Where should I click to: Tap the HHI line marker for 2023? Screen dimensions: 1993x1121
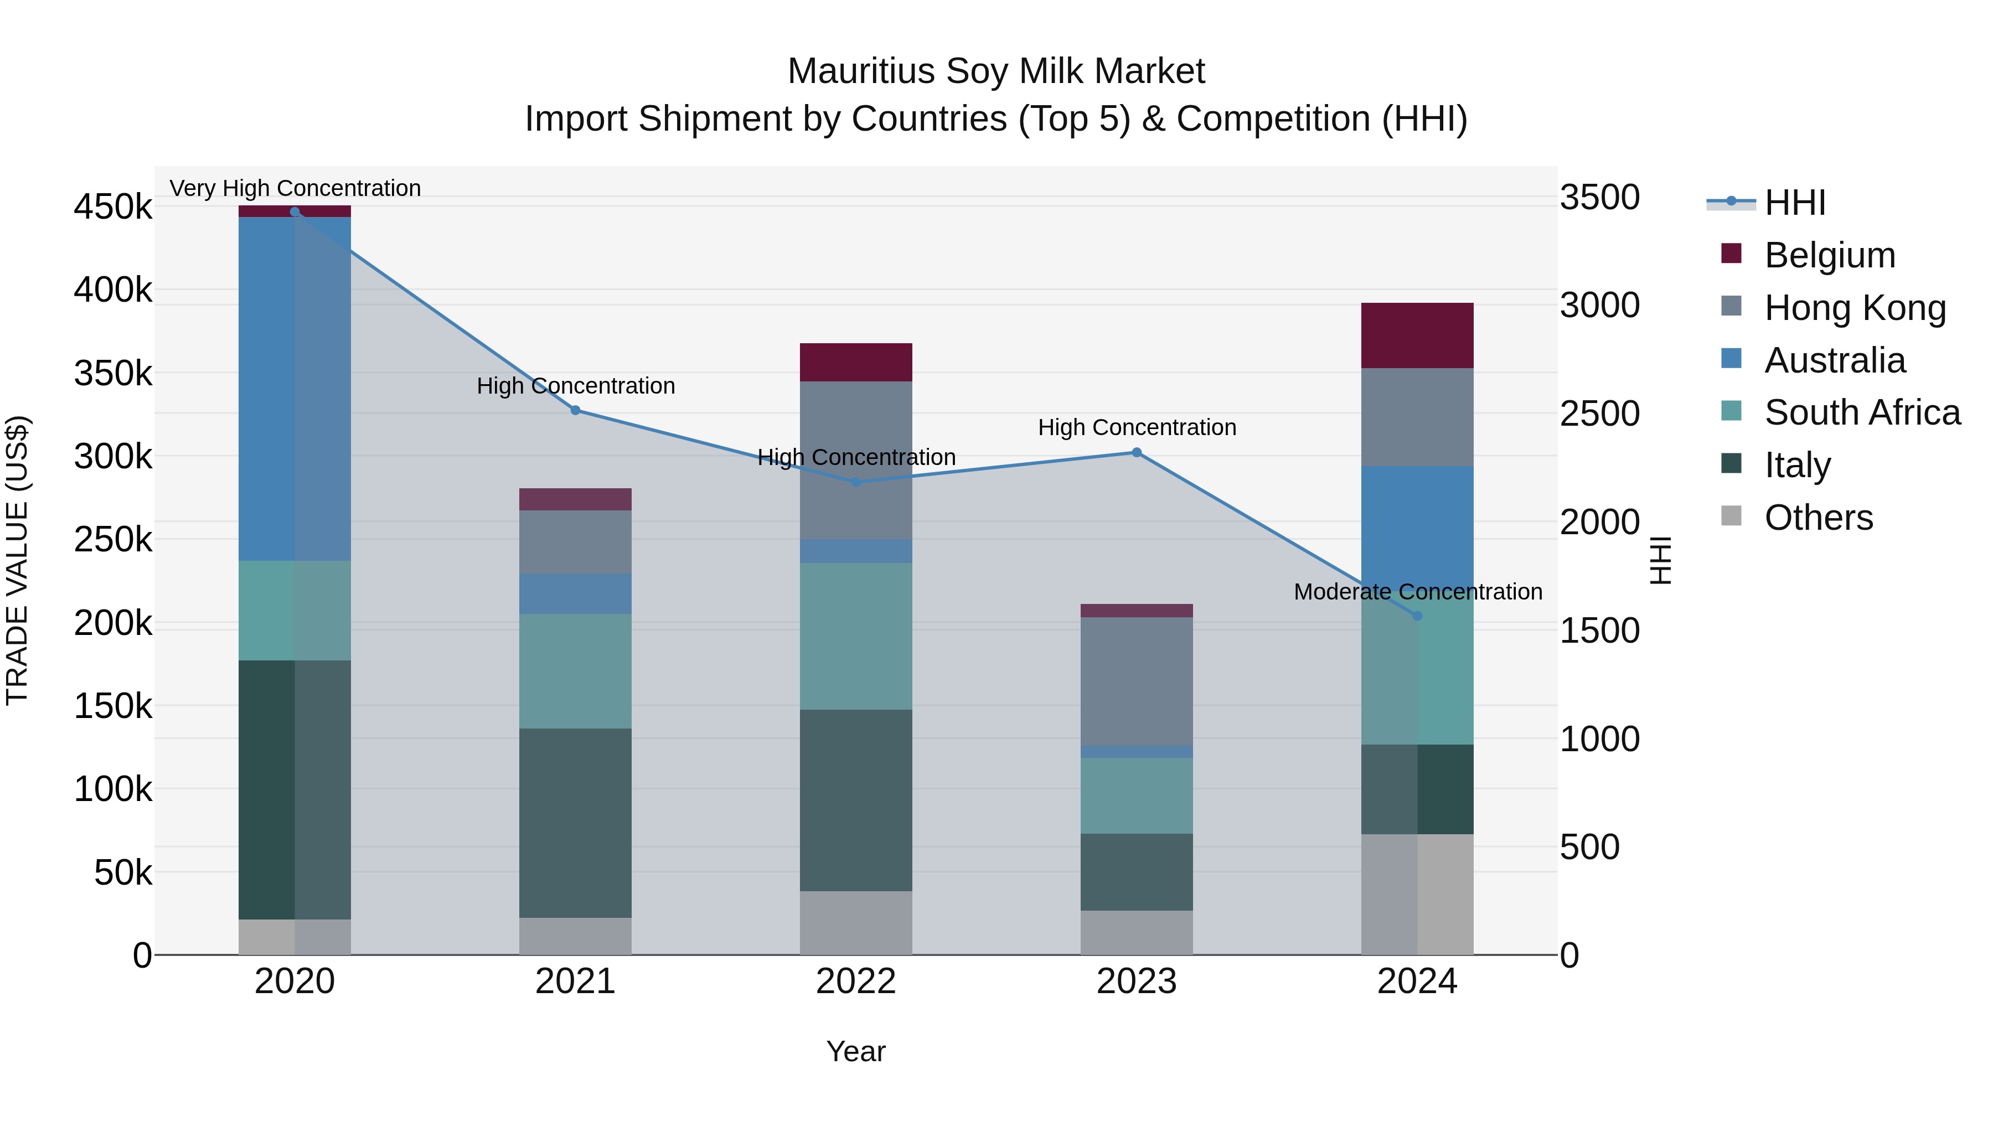coord(1137,453)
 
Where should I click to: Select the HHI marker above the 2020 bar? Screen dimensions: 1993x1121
coord(295,211)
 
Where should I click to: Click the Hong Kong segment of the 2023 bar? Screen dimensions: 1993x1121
coord(1137,681)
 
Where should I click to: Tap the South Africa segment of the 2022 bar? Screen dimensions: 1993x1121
coord(856,636)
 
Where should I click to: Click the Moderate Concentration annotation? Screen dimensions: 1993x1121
coord(1417,592)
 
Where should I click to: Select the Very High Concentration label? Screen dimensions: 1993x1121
coord(295,188)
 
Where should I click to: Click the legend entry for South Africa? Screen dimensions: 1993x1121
coord(1861,412)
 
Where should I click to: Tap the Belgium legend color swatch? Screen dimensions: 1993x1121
coord(1731,254)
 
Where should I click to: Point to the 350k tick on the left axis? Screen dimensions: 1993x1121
coord(113,374)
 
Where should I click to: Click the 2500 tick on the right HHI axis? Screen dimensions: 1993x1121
coord(1598,414)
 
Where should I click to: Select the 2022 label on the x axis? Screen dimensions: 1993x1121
coord(856,981)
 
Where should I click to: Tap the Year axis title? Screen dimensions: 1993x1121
coord(856,1051)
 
